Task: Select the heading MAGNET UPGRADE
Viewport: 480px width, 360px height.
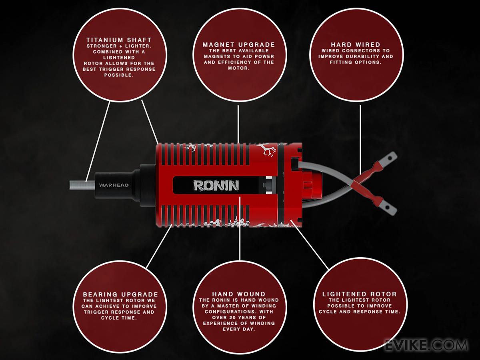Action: (239, 44)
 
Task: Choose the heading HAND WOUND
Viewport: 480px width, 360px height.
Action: (239, 294)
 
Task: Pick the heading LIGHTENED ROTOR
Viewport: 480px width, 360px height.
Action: (359, 294)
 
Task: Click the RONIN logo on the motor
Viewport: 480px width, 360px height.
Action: (216, 185)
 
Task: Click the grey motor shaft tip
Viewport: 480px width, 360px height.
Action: (76, 186)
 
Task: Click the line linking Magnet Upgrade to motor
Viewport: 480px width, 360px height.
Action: (239, 124)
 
